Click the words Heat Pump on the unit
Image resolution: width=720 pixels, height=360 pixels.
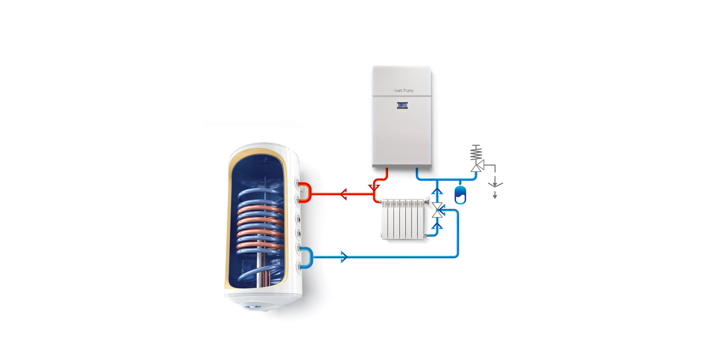point(403,90)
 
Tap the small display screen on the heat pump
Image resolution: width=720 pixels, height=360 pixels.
point(402,105)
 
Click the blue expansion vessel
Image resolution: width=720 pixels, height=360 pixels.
point(460,195)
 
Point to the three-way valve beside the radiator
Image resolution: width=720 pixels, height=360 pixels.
point(438,210)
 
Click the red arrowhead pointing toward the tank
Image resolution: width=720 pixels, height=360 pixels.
point(343,194)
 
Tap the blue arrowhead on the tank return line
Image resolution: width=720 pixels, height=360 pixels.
point(344,257)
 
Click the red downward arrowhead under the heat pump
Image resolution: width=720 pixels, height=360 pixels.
point(374,188)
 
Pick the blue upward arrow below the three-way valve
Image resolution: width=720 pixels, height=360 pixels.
point(437,226)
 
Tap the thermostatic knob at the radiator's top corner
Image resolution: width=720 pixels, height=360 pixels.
point(427,200)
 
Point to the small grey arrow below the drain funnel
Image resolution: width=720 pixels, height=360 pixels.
point(495,195)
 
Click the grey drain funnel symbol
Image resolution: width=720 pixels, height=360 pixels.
point(495,184)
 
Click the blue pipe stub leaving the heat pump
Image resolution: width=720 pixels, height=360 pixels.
point(417,173)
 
